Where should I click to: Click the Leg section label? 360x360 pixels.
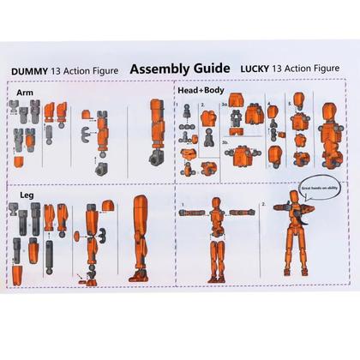[x=26, y=196]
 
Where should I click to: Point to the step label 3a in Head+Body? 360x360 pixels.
[x=225, y=105]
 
